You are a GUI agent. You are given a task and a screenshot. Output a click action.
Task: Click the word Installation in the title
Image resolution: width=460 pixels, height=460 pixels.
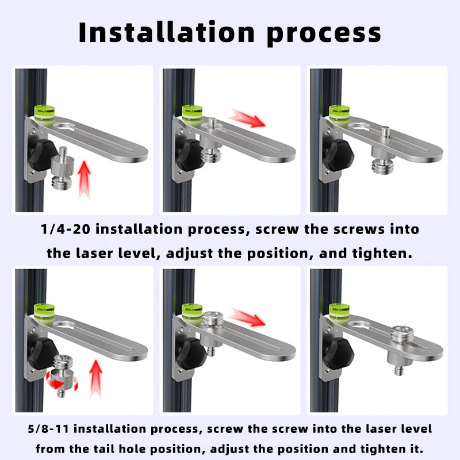coord(166,32)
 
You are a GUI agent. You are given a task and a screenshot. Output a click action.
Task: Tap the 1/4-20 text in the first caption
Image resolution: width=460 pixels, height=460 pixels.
coord(66,229)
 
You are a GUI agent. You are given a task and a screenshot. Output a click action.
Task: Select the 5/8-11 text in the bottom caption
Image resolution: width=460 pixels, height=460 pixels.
coord(48,429)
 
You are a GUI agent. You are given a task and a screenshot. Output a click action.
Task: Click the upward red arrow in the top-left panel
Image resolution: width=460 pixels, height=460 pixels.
coord(84,179)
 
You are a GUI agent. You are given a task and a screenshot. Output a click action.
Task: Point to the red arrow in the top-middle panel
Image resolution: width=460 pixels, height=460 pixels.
coord(247,118)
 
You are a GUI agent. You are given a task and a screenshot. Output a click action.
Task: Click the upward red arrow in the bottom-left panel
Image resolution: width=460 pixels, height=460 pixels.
coord(95,379)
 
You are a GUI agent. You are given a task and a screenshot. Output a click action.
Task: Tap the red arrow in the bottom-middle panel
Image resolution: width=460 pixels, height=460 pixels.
coord(247,317)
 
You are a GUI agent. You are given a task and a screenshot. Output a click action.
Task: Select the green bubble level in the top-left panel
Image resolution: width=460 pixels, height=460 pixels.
coord(45,113)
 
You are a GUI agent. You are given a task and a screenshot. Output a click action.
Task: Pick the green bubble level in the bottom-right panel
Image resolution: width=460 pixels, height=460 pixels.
coord(339,312)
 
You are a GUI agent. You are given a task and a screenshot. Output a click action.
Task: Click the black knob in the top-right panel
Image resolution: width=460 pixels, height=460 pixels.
coord(338,155)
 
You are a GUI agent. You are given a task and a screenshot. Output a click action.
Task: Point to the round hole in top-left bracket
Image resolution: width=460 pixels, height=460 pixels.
coord(65,126)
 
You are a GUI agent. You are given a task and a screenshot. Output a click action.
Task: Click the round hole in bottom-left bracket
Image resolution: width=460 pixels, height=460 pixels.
coord(65,325)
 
